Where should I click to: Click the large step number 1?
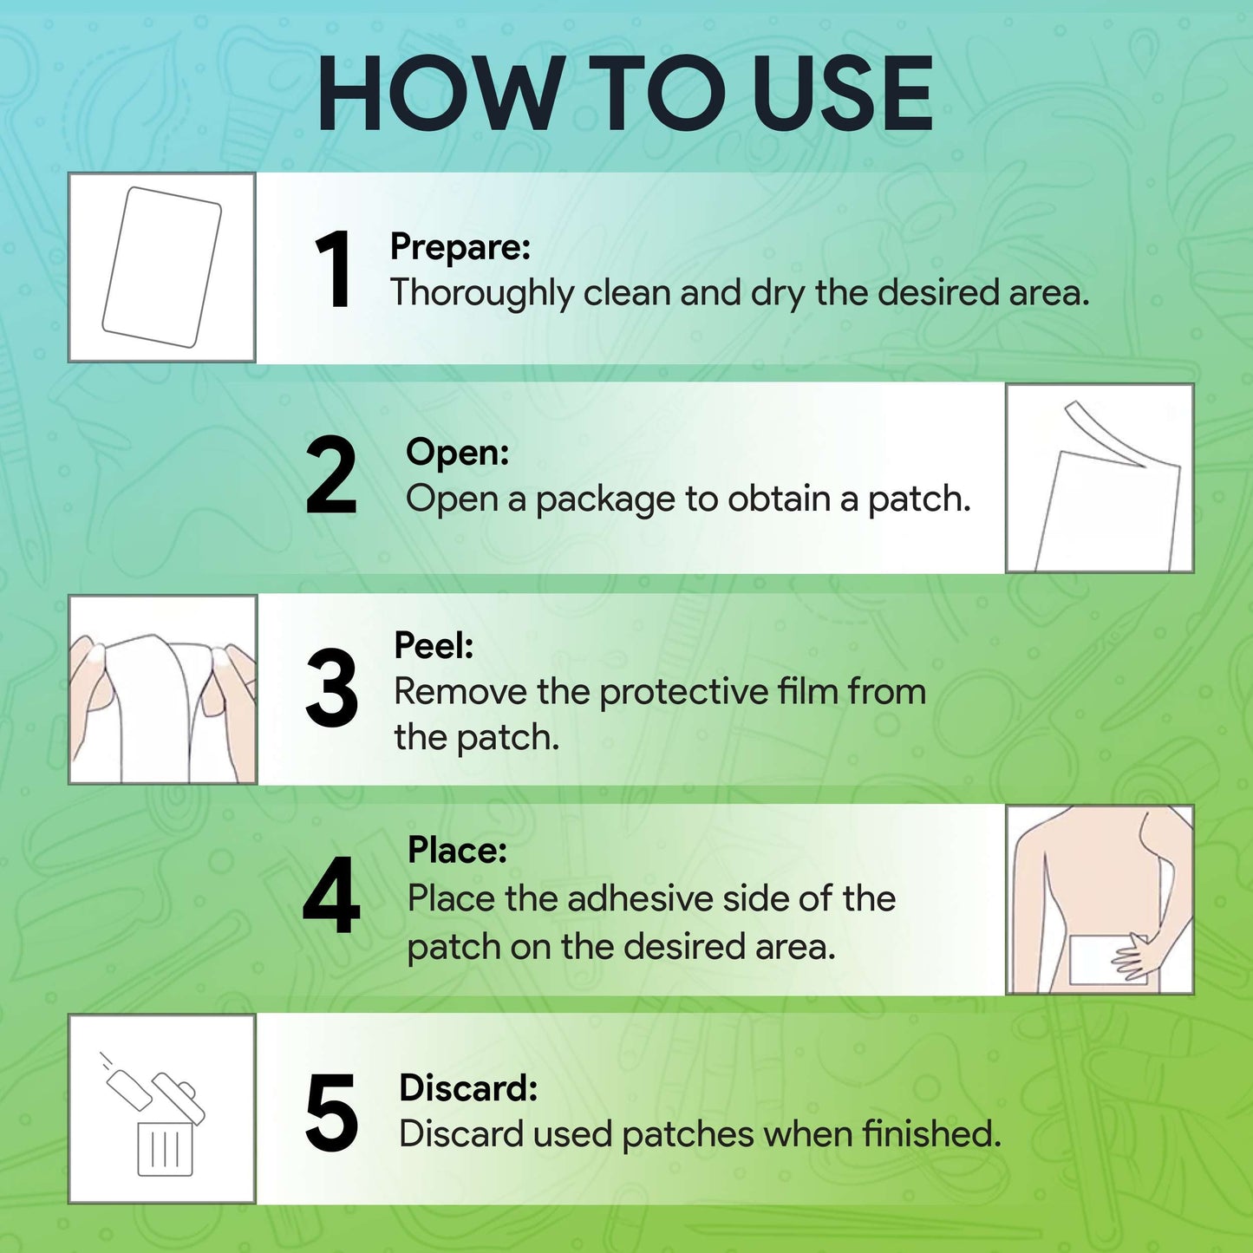pyautogui.click(x=335, y=270)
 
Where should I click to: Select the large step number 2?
pyautogui.click(x=331, y=476)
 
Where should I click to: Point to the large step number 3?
pyautogui.click(x=331, y=688)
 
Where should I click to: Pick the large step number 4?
pyautogui.click(x=331, y=896)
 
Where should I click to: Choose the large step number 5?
pyautogui.click(x=331, y=1113)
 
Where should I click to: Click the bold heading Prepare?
pyautogui.click(x=460, y=248)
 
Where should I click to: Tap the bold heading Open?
pyautogui.click(x=457, y=452)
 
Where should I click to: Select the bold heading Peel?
pyautogui.click(x=434, y=645)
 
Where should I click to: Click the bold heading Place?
pyautogui.click(x=457, y=850)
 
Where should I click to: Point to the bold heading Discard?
pyautogui.click(x=469, y=1088)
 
